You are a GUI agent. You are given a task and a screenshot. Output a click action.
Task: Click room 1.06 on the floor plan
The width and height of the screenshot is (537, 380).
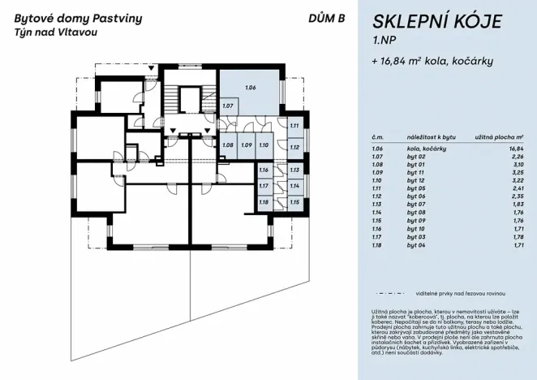251,87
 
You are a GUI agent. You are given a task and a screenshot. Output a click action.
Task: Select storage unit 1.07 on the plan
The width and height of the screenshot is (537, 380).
228,106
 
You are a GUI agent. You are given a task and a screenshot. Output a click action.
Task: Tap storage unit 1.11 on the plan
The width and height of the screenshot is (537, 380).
294,126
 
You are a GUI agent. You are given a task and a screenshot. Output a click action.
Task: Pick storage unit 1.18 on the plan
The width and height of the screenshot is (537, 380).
264,201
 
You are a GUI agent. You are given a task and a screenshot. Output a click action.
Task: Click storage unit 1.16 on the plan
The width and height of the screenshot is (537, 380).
264,171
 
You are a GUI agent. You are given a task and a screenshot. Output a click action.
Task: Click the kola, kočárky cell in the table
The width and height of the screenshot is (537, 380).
425,149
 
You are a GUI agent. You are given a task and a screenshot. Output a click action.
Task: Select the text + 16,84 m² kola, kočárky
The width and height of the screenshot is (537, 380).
432,61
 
